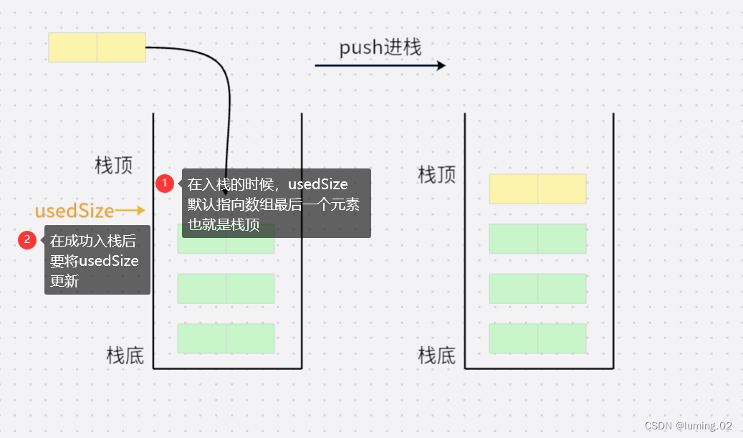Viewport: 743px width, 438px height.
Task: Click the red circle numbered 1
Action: point(165,184)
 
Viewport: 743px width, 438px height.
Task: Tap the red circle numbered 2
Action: point(27,240)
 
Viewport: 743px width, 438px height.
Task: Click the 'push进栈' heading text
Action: point(380,48)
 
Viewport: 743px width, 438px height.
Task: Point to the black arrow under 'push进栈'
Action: point(380,65)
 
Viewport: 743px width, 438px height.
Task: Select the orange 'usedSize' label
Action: point(75,211)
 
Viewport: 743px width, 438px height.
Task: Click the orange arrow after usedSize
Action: point(130,210)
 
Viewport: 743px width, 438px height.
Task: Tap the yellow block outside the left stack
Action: point(97,47)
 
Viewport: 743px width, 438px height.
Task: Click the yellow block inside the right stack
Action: point(537,189)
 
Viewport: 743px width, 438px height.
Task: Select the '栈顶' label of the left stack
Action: point(114,166)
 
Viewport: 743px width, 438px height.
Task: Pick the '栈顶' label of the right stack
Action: point(437,174)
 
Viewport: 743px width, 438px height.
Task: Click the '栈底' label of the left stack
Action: point(125,355)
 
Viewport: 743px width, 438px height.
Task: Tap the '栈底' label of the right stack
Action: point(437,355)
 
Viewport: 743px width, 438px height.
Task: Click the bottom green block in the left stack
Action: point(226,338)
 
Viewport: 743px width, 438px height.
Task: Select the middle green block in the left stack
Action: point(226,288)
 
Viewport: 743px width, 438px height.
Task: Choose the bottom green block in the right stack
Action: point(537,338)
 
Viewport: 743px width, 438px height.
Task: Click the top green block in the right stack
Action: point(537,239)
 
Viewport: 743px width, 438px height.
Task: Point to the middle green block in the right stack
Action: point(537,288)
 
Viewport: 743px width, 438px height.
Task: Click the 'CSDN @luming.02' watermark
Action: point(688,425)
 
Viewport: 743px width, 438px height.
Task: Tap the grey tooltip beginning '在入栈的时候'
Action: point(276,203)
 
